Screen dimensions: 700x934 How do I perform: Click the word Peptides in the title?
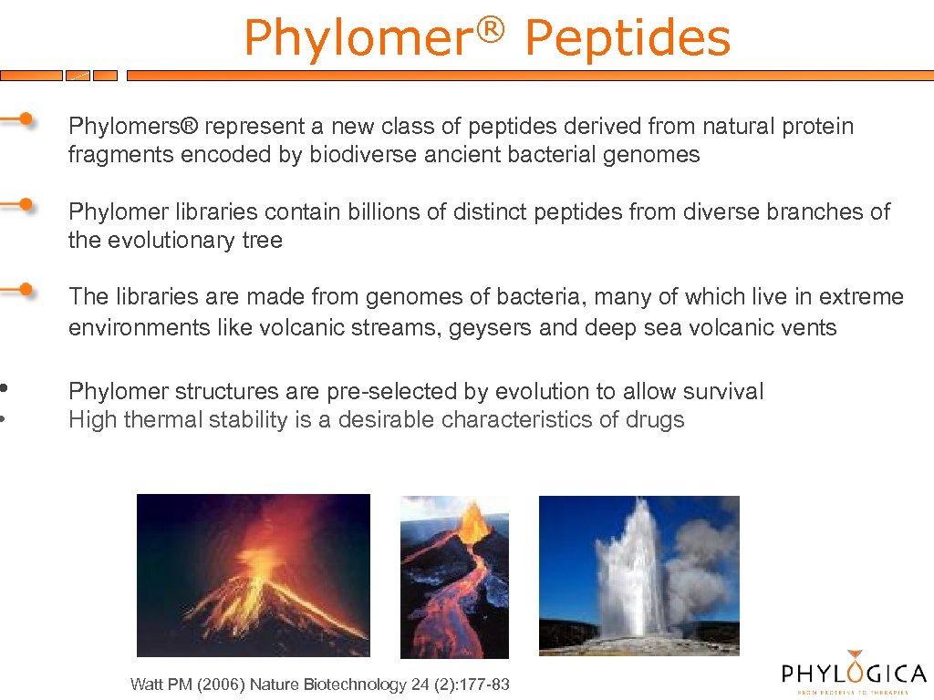[x=628, y=39]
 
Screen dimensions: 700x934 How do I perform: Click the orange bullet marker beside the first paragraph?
[x=26, y=118]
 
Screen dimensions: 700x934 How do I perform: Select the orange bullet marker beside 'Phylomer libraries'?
[x=26, y=203]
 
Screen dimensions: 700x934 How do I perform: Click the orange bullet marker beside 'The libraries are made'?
[x=26, y=290]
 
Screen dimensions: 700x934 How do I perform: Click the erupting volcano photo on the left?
[x=253, y=575]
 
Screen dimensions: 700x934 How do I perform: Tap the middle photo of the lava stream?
[x=454, y=577]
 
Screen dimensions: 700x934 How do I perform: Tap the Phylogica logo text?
[x=854, y=674]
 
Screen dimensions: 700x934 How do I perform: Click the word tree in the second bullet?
[x=265, y=242]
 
